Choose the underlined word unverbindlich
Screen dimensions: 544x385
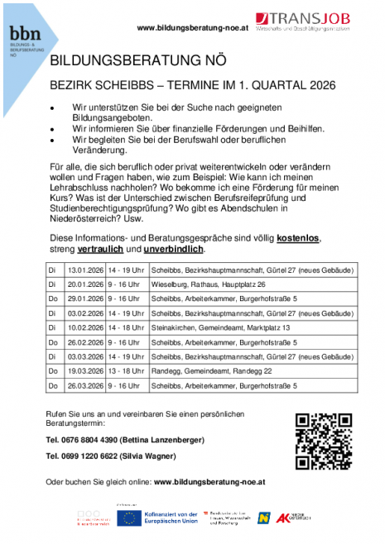click(172, 249)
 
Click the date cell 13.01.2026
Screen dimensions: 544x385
click(84, 270)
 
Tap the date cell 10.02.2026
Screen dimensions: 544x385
click(84, 328)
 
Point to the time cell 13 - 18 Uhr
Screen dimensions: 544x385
click(128, 372)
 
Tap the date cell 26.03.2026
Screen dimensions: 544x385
click(84, 386)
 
